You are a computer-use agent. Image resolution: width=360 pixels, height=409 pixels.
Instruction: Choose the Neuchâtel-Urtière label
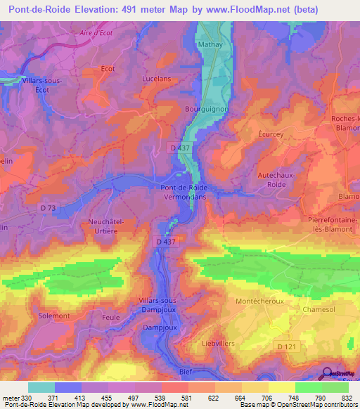106,226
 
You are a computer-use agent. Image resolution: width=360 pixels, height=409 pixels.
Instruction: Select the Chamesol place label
321,309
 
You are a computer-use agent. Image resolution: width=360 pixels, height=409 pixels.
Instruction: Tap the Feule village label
105,318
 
